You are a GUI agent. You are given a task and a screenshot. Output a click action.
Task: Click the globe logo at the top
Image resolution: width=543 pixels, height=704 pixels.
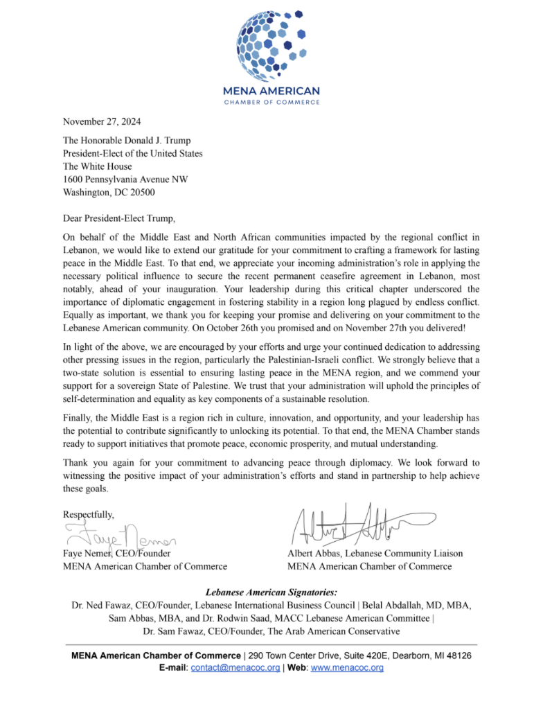(x=271, y=43)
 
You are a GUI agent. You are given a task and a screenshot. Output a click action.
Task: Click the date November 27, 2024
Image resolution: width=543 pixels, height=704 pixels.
(x=102, y=122)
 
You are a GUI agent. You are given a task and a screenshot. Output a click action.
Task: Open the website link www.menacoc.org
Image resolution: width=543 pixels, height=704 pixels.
(x=347, y=668)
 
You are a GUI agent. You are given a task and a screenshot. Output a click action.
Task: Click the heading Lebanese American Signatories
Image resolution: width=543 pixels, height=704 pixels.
(x=271, y=592)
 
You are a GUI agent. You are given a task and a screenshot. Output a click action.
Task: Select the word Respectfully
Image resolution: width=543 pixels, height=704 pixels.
(x=89, y=514)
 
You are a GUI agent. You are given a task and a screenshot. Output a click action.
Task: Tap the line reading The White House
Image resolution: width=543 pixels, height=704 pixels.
(x=97, y=166)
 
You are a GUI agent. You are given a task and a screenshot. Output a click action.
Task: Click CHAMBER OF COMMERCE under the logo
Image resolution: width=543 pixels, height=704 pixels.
(x=271, y=103)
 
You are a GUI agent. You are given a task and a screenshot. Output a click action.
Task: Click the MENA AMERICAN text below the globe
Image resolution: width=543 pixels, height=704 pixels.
(x=271, y=91)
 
